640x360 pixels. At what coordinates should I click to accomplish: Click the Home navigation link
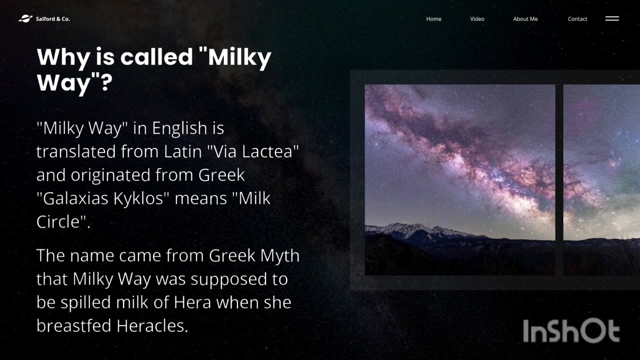point(433,19)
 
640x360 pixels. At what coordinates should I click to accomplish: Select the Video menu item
point(477,19)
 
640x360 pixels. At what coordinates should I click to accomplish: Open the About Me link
point(525,19)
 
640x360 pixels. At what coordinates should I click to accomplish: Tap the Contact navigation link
point(577,19)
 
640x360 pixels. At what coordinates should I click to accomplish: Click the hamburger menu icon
point(612,18)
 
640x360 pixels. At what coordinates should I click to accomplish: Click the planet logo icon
point(25,18)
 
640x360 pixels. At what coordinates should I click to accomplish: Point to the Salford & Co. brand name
point(53,19)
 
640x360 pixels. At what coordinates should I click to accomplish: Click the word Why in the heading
point(63,57)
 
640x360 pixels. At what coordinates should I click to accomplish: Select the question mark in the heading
point(106,82)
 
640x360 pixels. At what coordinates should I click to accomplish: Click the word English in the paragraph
point(179,128)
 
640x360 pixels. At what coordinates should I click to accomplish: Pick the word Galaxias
point(75,198)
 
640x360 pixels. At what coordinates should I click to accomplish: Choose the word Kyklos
point(138,198)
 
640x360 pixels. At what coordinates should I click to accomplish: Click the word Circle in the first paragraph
point(58,221)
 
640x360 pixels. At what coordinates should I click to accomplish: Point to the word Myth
point(279,255)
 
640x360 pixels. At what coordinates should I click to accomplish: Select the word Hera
point(192,302)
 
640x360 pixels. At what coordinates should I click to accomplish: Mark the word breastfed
point(73,326)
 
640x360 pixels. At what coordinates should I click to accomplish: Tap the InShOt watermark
point(571,330)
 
